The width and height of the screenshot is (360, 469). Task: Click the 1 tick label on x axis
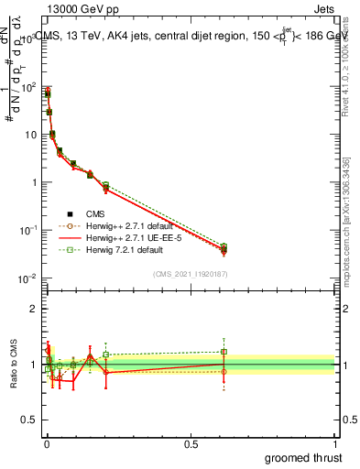[335, 442]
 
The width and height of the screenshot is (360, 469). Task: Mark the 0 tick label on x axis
[46, 442]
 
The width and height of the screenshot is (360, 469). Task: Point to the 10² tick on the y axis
[32, 88]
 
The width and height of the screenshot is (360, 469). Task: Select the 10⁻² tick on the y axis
[32, 277]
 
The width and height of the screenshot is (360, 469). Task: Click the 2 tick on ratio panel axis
[35, 309]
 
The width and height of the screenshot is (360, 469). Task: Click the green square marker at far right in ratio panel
[224, 352]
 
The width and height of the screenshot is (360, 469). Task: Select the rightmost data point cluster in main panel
[224, 249]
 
